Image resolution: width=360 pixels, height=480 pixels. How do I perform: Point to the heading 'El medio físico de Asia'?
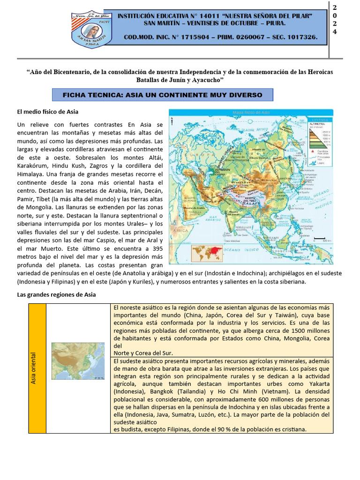click(48, 112)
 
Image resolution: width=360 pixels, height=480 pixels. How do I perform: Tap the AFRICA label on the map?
click(180, 231)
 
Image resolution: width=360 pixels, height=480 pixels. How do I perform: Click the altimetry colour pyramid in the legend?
click(318, 136)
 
